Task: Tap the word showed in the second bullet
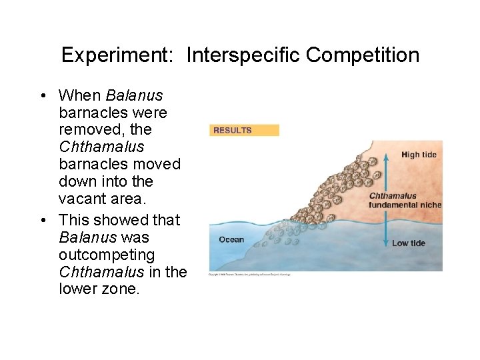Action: pyautogui.click(x=118, y=220)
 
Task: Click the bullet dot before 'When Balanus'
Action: pyautogui.click(x=43, y=96)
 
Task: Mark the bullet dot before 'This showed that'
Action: pyautogui.click(x=43, y=220)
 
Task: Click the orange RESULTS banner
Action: pyautogui.click(x=244, y=130)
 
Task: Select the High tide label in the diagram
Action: pyautogui.click(x=419, y=155)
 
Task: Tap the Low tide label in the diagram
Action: pyautogui.click(x=408, y=243)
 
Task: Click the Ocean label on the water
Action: pyautogui.click(x=231, y=239)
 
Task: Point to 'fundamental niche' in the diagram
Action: pyautogui.click(x=405, y=205)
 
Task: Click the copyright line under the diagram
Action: pyautogui.click(x=250, y=273)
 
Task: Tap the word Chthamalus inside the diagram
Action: pyautogui.click(x=393, y=196)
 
